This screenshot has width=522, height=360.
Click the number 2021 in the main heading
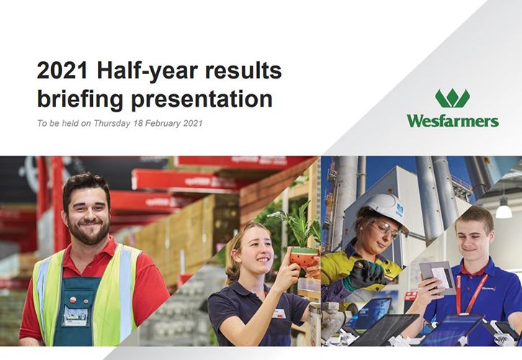(63, 71)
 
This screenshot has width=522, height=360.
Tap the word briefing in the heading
(80, 100)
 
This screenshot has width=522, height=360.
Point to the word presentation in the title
(202, 100)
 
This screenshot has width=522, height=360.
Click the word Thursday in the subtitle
(112, 124)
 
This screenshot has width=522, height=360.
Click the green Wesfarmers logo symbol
(452, 99)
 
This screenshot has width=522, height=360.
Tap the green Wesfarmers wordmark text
(453, 120)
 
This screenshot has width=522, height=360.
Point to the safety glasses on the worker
(385, 229)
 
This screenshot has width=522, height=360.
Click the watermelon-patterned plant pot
(303, 257)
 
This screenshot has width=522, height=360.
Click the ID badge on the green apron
(76, 316)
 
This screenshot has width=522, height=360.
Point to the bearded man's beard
(89, 231)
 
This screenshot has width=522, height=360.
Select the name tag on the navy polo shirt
(279, 313)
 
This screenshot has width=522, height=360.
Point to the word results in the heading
(244, 71)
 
